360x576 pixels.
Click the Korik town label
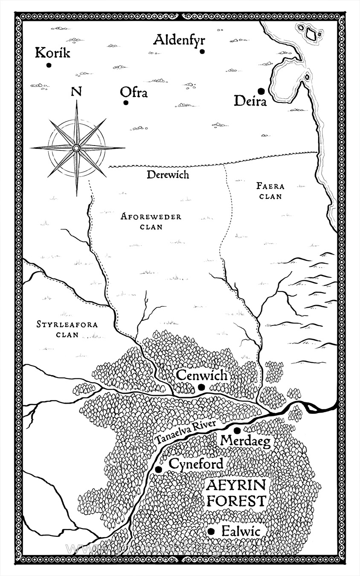click(52, 53)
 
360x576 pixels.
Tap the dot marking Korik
click(49, 65)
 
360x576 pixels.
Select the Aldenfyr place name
click(179, 40)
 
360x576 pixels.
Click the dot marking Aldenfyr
click(202, 52)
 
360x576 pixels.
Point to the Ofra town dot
click(126, 103)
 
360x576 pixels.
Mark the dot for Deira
click(260, 90)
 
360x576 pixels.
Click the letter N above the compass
click(76, 91)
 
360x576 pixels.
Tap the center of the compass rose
click(76, 148)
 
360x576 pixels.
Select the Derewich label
click(167, 175)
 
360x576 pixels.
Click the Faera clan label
click(270, 191)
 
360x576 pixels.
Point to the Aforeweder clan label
click(151, 221)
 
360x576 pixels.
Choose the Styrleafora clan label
click(67, 329)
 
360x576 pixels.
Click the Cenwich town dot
click(201, 387)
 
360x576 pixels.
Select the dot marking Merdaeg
click(237, 430)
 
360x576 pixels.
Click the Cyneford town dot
click(159, 469)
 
